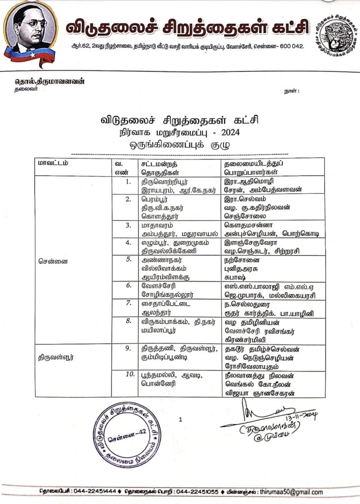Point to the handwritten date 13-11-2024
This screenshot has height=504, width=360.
[300, 416]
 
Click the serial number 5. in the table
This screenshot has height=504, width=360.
[128, 258]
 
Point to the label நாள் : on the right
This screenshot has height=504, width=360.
[292, 92]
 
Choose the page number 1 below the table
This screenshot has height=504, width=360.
[181, 419]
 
